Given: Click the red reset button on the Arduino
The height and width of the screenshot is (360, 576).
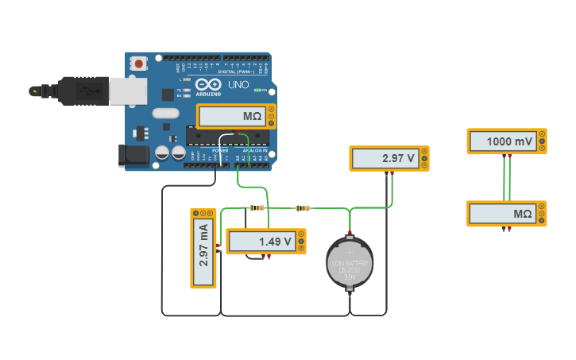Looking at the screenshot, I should pos(139,63).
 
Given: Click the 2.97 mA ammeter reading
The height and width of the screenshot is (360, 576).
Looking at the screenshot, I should pos(203,247).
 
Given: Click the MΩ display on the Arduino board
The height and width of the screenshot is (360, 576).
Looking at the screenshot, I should pos(231,117).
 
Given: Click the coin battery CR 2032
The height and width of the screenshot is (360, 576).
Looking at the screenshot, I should pos(349,263).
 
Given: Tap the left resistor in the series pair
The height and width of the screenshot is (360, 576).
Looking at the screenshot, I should pos(256,208).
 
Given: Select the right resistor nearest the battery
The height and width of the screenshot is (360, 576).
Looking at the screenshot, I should pos(302,208).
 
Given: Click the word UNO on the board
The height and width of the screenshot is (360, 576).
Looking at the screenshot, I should pos(238,84).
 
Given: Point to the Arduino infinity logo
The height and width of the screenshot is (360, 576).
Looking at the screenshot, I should pos(208,84).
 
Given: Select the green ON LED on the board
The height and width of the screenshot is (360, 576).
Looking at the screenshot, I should pos(257,90).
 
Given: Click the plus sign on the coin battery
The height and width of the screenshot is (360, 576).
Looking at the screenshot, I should pos(349,252).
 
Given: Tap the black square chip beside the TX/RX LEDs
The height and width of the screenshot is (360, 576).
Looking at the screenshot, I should pos(168,95).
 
